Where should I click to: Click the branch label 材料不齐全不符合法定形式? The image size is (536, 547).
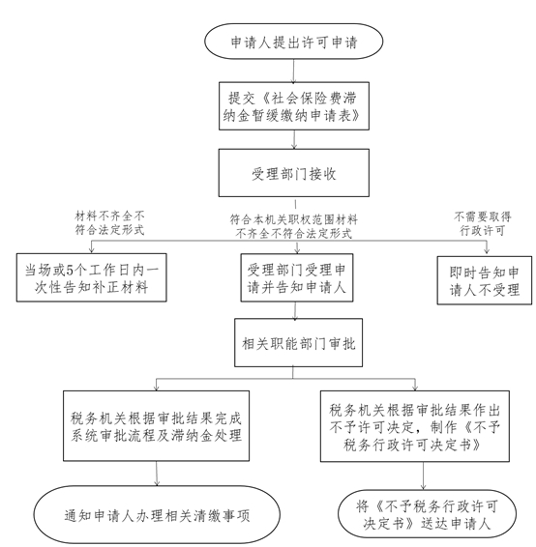coord(109,223)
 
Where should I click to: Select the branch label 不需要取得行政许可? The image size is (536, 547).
coord(483,223)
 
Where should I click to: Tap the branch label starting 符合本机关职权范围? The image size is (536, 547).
coord(294,226)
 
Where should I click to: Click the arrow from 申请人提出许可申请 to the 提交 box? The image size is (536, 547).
coord(293,71)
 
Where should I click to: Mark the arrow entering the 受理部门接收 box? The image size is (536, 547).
coord(294,139)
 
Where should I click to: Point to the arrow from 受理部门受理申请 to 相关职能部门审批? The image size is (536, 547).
coord(295,310)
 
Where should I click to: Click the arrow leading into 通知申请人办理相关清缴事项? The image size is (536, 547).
coord(157,474)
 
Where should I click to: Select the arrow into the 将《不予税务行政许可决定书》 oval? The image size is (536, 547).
coord(423,475)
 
